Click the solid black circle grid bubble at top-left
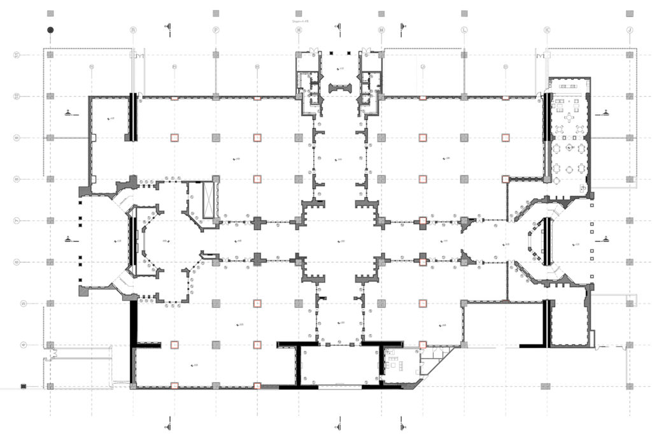[50, 29]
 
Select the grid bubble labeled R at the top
[133, 29]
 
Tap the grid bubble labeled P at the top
[216, 29]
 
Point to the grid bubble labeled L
[464, 29]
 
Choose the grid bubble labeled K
[547, 29]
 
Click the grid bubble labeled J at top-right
[630, 29]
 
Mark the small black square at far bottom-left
[23, 386]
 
